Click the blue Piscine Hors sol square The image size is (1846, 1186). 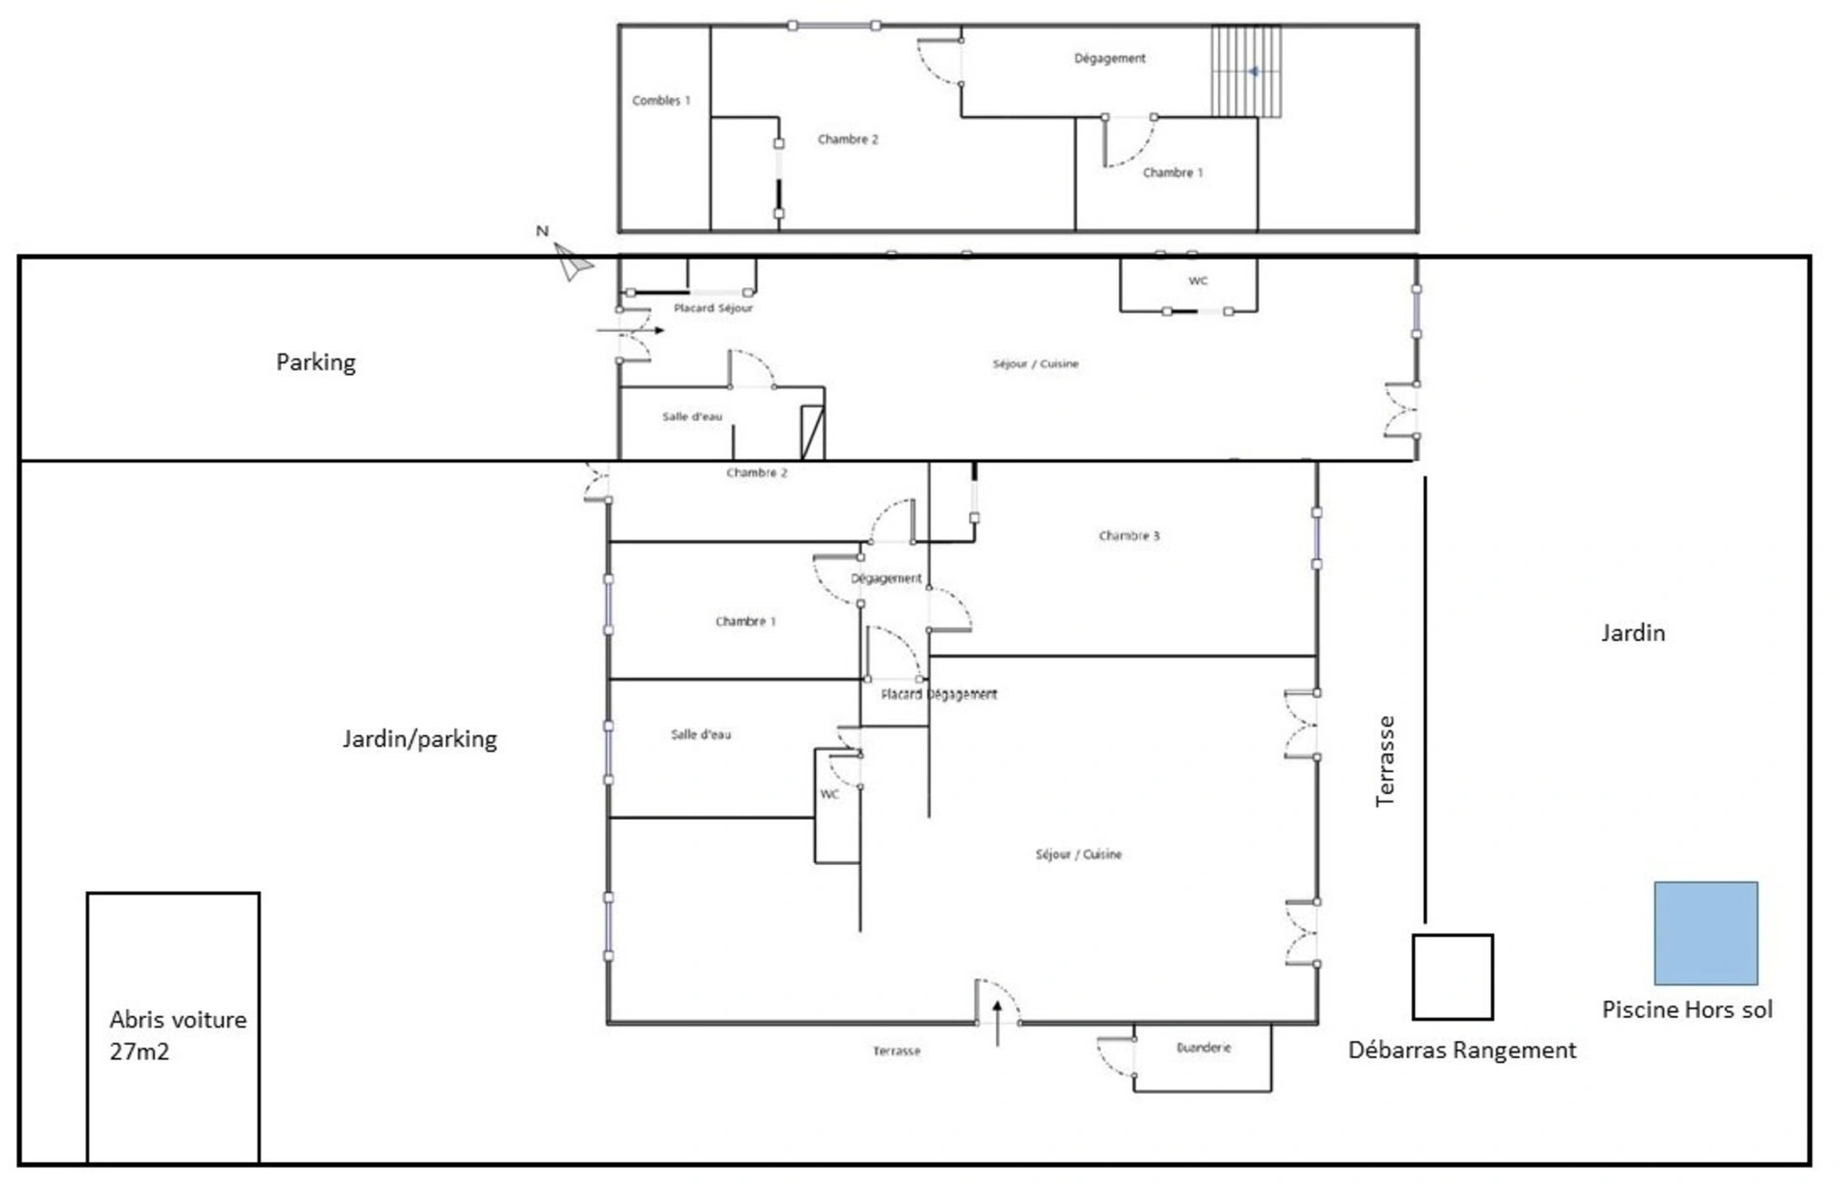[x=1706, y=933]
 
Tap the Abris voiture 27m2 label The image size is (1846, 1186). [x=178, y=1035]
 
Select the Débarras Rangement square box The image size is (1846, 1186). [x=1453, y=976]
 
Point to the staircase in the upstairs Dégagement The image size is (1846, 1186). [x=1246, y=71]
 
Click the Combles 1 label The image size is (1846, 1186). [x=661, y=100]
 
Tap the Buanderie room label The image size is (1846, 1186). [x=1204, y=1048]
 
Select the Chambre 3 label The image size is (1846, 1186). [x=1130, y=535]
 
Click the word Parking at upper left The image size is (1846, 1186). [x=315, y=362]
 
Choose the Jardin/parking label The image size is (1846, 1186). [x=420, y=739]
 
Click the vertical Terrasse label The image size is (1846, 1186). [x=1384, y=761]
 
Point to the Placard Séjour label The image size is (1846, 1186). [x=713, y=308]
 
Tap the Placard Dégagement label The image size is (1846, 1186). [x=939, y=694]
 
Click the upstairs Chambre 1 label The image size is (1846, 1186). [x=1173, y=172]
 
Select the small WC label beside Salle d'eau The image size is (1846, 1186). [x=830, y=794]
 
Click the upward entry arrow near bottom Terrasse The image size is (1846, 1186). [x=997, y=1023]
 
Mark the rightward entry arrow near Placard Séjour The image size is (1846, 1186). [x=631, y=331]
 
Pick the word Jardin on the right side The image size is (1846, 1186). [x=1633, y=632]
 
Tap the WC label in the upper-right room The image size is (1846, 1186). [x=1198, y=281]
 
